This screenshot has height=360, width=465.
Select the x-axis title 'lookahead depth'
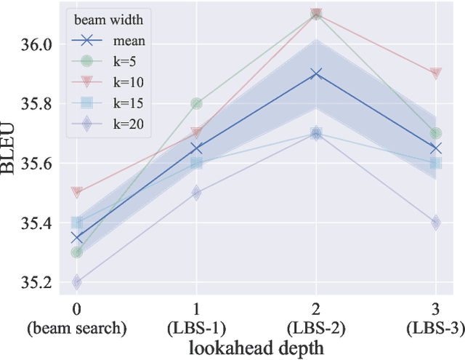coord(256,348)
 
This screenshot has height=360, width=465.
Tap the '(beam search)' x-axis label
coord(77,329)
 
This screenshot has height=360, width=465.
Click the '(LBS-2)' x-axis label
coord(316,329)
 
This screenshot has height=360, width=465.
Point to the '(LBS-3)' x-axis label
coord(435,329)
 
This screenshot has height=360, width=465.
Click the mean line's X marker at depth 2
coord(316,74)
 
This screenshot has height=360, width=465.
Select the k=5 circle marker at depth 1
coord(196,103)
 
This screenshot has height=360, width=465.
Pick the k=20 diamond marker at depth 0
coord(77,282)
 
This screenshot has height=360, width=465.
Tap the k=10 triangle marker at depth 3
coord(435,73)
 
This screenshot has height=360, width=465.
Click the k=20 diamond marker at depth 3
coord(435,223)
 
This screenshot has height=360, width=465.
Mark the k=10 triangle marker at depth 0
coord(77,193)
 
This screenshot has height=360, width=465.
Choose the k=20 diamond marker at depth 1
coord(196,193)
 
